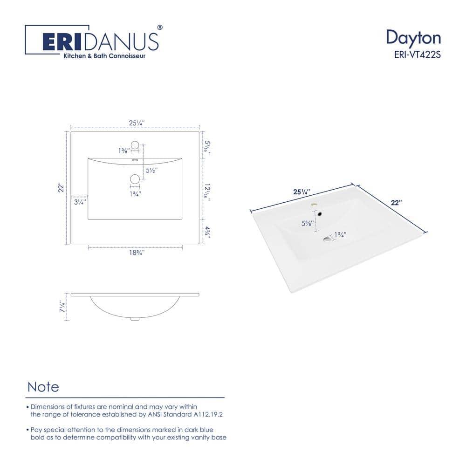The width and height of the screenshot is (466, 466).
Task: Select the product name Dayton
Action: [x=413, y=38]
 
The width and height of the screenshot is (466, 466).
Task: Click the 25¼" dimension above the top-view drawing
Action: [x=137, y=123]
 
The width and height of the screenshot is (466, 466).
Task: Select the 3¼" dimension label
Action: [x=79, y=202]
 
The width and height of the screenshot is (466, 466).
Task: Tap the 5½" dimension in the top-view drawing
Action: [x=151, y=171]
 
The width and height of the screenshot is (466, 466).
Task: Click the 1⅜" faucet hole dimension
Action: [x=123, y=151]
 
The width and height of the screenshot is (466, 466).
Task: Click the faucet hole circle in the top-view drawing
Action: [x=135, y=144]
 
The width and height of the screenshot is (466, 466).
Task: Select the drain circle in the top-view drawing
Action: [x=135, y=178]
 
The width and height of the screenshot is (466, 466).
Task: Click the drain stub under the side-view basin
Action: [x=135, y=319]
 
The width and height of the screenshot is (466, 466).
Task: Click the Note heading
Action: [x=43, y=387]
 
